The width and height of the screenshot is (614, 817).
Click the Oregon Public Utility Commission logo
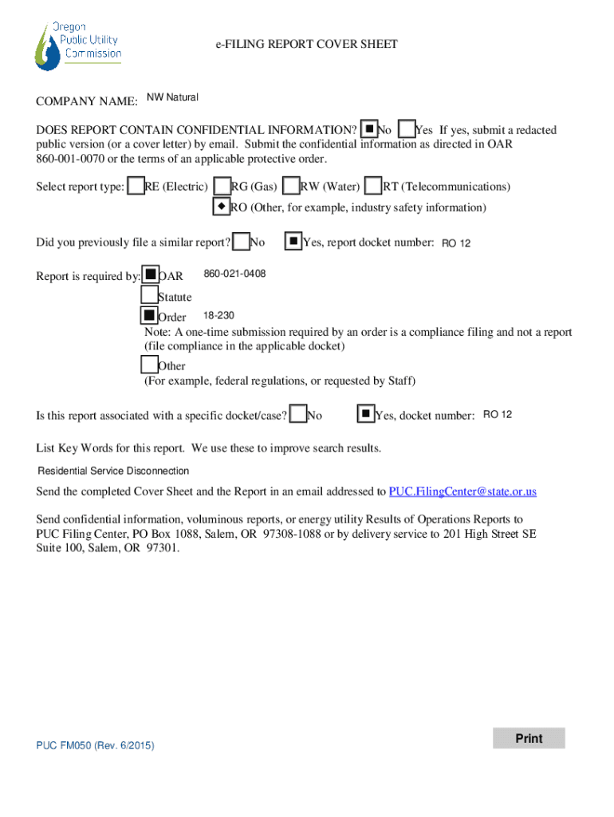tap(77, 45)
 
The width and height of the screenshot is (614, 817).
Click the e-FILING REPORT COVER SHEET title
tap(306, 45)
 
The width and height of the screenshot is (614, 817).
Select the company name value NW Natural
tap(172, 97)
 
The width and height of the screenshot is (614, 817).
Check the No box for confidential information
tap(368, 128)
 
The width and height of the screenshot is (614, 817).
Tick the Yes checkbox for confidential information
tap(406, 128)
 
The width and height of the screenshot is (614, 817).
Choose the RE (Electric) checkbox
tap(136, 186)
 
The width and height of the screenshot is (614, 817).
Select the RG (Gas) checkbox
tap(222, 186)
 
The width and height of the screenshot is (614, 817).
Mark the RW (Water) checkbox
tap(292, 186)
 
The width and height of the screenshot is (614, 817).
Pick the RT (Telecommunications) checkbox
tap(372, 186)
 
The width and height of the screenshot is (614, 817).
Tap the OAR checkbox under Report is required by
tap(150, 275)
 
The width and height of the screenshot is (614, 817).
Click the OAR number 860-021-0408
tap(234, 274)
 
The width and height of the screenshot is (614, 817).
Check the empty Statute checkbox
tap(149, 295)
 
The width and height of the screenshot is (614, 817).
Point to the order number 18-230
tap(218, 316)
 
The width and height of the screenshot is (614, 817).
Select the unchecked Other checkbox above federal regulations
tap(149, 365)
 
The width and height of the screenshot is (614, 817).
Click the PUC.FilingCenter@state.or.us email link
tap(462, 491)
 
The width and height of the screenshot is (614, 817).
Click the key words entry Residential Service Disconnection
tap(114, 471)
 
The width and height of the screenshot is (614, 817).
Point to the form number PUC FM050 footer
tap(95, 745)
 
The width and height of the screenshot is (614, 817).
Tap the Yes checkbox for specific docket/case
tap(364, 413)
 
